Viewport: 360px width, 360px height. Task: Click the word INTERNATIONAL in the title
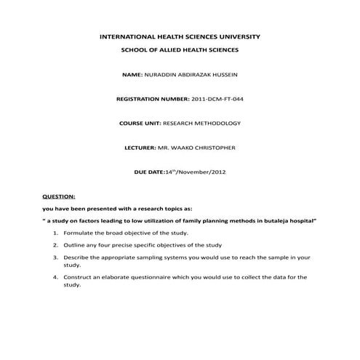tap(127, 36)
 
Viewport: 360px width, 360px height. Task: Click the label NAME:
tap(132, 75)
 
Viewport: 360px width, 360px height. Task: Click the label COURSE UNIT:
tap(140, 124)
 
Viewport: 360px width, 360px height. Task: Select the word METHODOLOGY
tap(217, 124)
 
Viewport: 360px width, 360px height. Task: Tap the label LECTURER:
tap(140, 148)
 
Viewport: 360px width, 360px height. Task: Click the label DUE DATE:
tap(150, 172)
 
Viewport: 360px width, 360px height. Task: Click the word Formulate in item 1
tap(78, 233)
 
